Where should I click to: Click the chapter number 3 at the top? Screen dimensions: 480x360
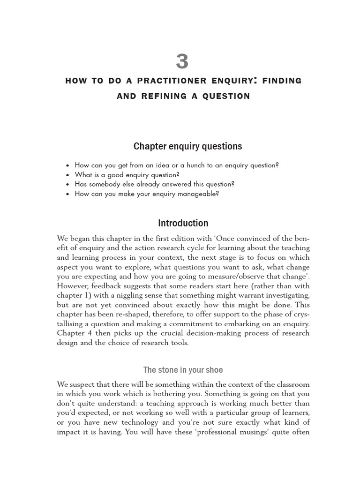coord(182,62)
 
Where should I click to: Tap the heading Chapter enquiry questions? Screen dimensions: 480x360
coord(187,146)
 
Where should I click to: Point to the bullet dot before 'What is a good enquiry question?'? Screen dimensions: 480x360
coord(68,175)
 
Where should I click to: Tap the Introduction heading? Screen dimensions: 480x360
coord(183,223)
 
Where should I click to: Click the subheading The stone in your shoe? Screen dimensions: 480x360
coord(183,370)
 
